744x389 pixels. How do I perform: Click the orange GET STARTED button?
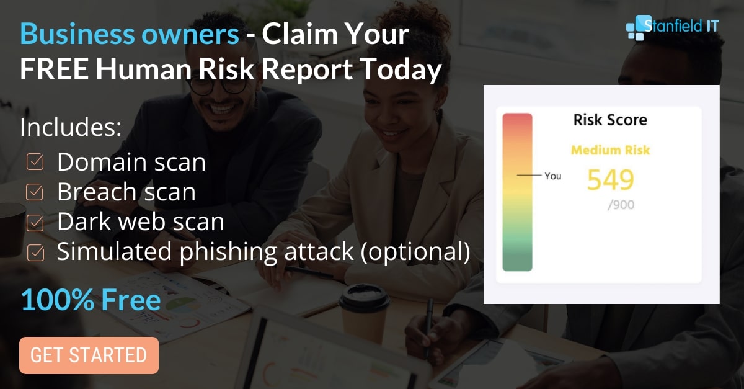click(89, 355)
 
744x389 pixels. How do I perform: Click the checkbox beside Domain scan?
click(35, 162)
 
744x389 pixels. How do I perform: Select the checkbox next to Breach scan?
click(35, 192)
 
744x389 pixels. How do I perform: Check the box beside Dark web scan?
click(35, 223)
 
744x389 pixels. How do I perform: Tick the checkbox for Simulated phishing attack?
click(35, 253)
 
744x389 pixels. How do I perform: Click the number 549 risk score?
click(611, 180)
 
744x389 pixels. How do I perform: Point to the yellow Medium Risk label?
click(610, 150)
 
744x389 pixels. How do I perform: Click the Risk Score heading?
click(610, 120)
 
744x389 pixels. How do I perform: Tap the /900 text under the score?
click(621, 205)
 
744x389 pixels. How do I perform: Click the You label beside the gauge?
click(553, 176)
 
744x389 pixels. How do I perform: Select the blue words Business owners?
click(130, 34)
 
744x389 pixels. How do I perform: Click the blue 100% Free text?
click(91, 300)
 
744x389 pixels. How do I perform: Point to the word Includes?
click(71, 127)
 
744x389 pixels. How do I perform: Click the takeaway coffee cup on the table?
click(365, 314)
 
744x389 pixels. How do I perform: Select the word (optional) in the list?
click(415, 251)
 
